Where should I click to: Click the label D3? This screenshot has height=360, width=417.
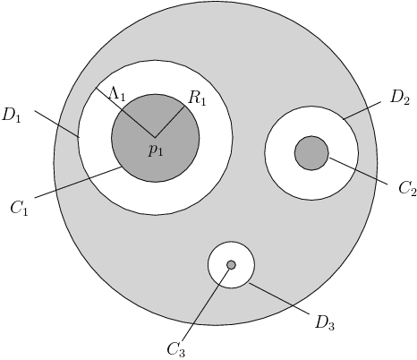point(324,322)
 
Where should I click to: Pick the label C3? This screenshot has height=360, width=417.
point(176,349)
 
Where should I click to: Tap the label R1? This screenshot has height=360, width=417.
point(197,99)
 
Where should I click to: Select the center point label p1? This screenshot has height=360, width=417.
point(156,150)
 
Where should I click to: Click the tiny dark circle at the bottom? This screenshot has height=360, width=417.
point(231,265)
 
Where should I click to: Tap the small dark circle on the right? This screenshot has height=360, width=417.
point(311,153)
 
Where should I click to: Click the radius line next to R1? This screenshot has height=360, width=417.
point(170,122)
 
